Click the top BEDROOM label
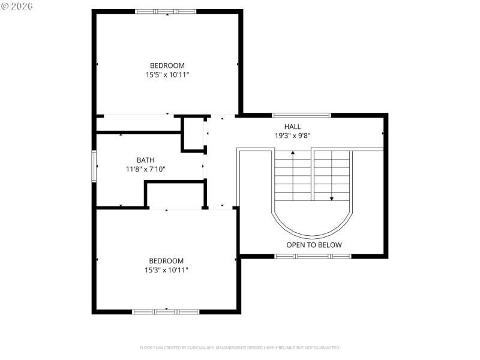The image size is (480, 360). (x=167, y=65)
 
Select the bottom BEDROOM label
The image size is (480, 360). (x=166, y=260)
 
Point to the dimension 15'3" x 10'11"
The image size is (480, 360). (x=166, y=270)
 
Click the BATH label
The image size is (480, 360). (x=145, y=160)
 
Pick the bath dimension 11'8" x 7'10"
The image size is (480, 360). (x=145, y=169)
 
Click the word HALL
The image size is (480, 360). (x=293, y=126)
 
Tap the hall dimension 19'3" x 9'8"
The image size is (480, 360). (x=293, y=136)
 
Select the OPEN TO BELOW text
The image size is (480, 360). (x=314, y=245)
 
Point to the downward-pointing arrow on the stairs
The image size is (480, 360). (x=331, y=197)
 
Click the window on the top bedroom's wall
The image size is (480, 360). (x=165, y=11)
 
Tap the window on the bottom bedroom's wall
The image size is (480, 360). (x=166, y=311)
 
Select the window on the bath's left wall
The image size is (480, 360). (x=94, y=166)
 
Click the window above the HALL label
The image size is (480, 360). (x=301, y=115)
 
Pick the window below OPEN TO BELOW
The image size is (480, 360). (x=313, y=256)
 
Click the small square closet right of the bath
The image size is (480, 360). (x=193, y=134)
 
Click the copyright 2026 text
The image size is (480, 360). (x=17, y=5)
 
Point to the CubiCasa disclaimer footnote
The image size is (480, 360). (x=240, y=347)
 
